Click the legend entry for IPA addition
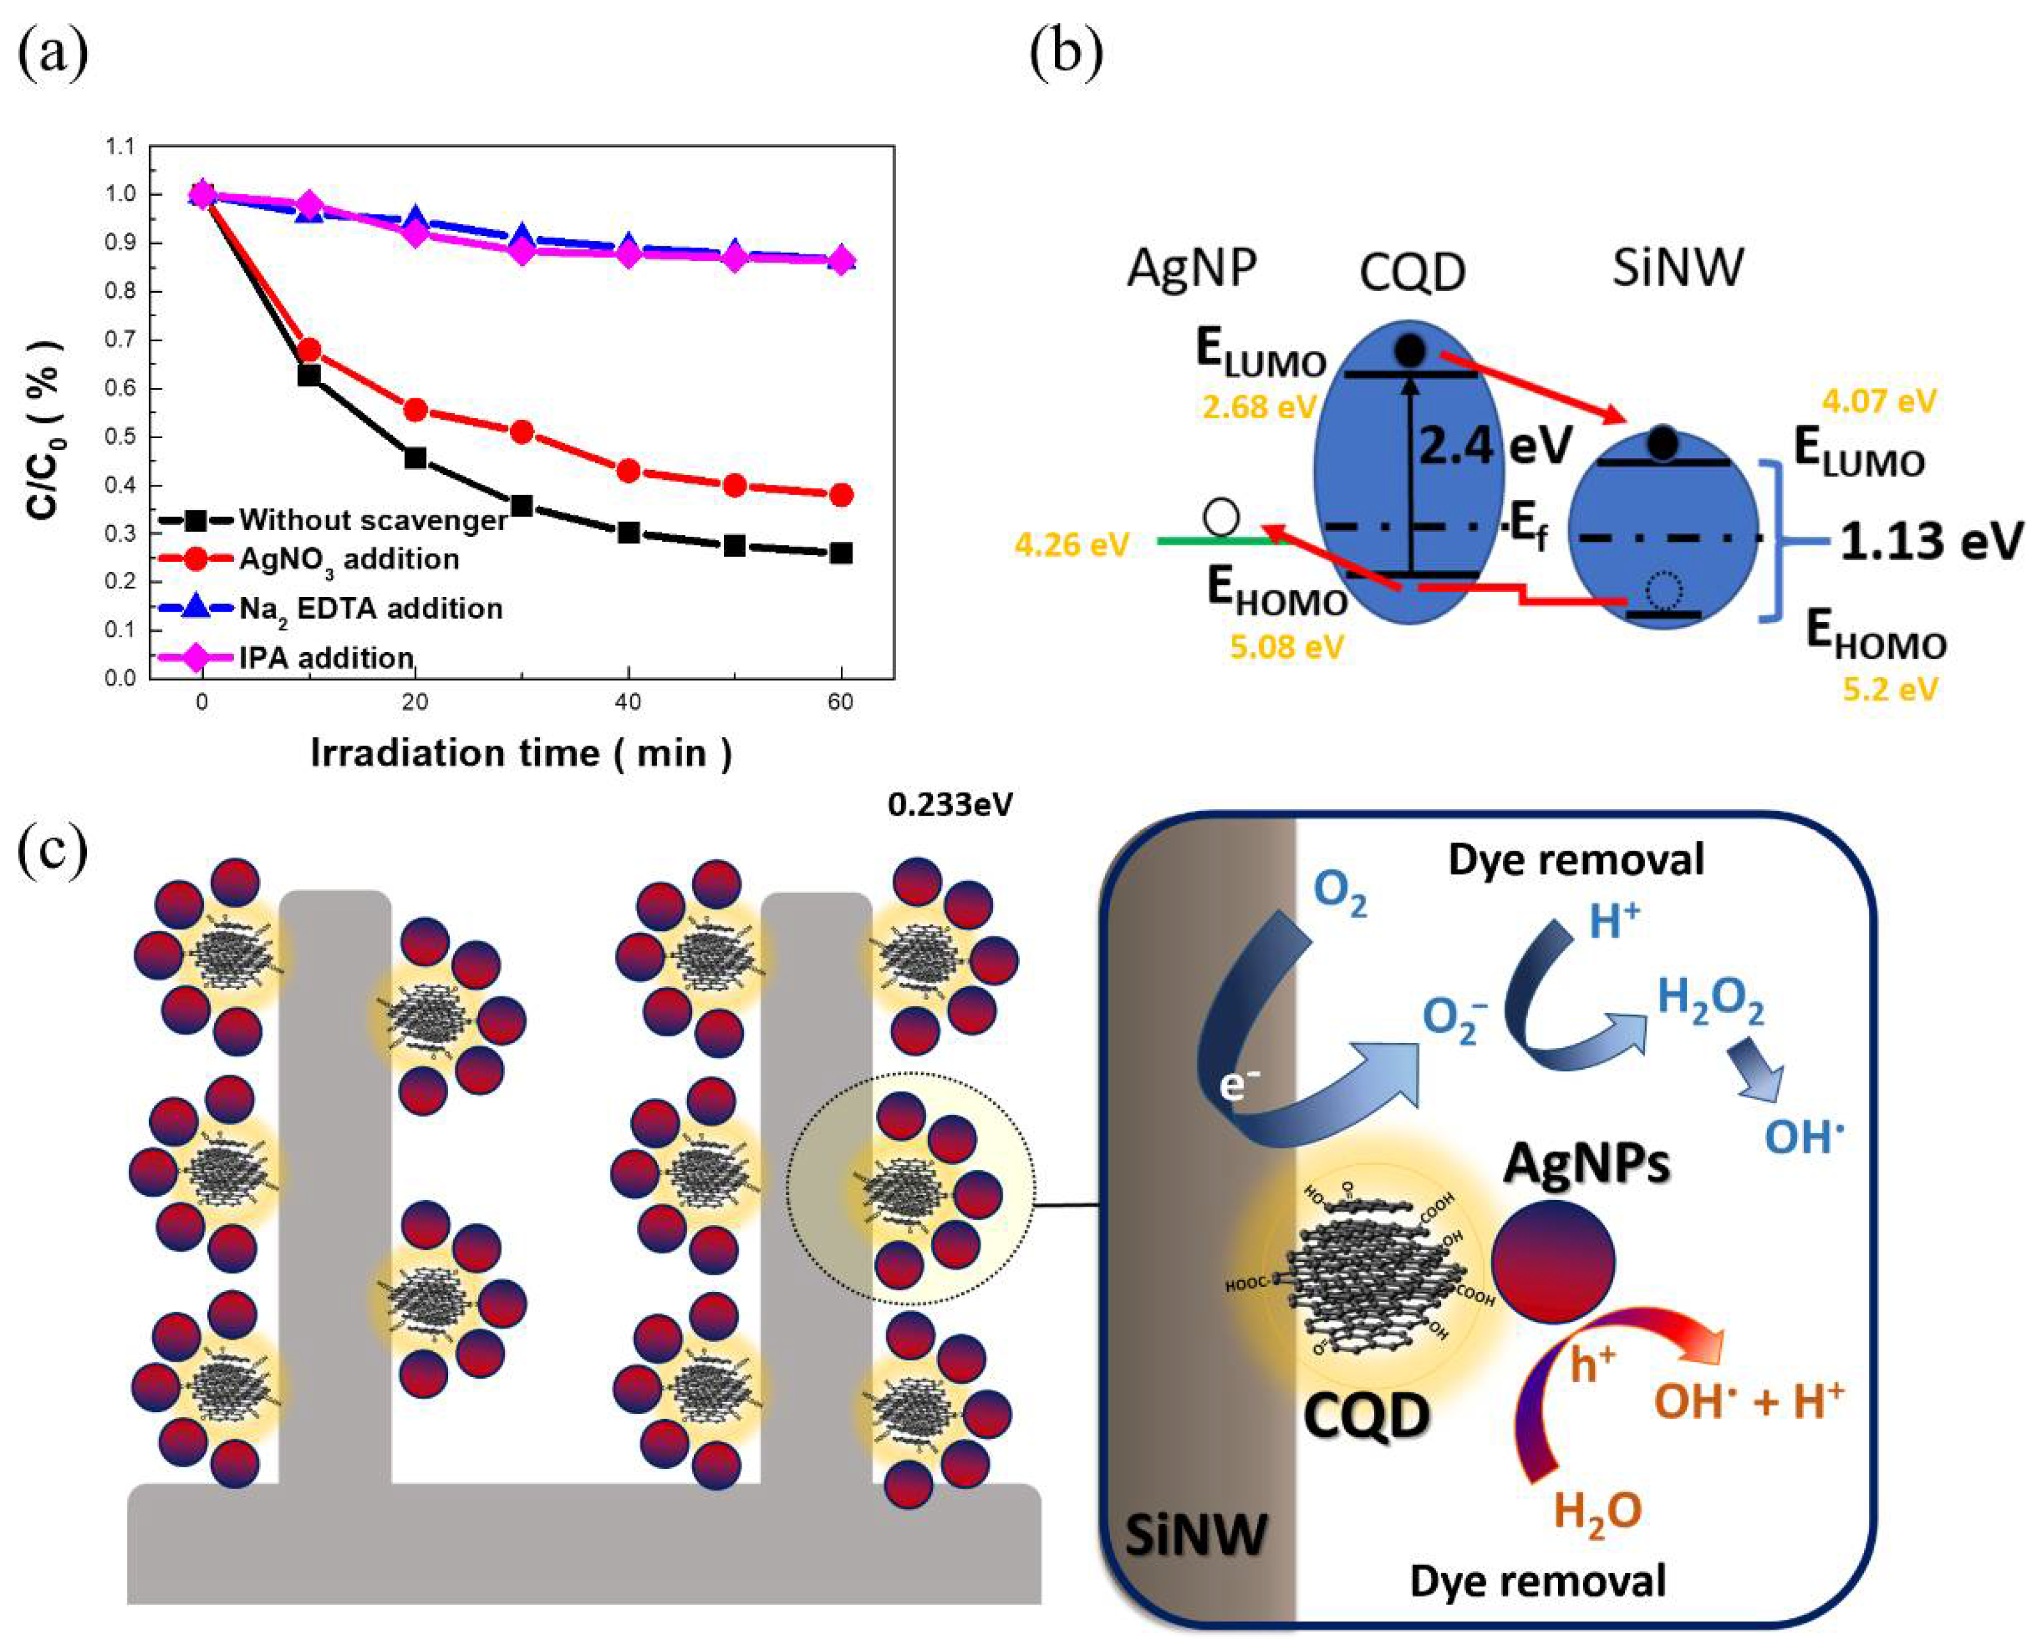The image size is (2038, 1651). (x=325, y=657)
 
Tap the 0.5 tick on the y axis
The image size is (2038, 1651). (x=124, y=438)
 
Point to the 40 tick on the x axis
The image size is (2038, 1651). (x=628, y=703)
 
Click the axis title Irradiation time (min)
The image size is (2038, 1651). (x=521, y=753)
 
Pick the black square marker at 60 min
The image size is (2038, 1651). (x=840, y=553)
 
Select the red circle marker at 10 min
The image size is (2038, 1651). (x=308, y=350)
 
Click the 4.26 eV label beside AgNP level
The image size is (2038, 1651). (x=1072, y=545)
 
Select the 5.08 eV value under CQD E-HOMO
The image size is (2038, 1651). (x=1286, y=647)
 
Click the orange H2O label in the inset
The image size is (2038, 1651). (x=1597, y=1510)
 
